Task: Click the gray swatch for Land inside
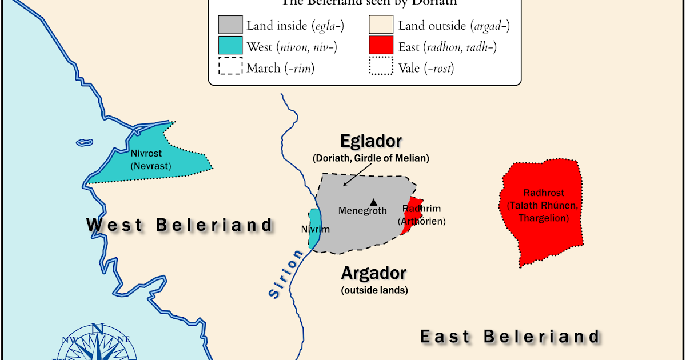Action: [x=230, y=26]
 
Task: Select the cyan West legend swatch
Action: [x=230, y=46]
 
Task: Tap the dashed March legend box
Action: [x=230, y=67]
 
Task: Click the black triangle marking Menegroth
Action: [x=374, y=202]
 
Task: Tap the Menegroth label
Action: [x=362, y=211]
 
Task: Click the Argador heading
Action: [x=373, y=273]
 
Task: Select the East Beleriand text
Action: [x=510, y=337]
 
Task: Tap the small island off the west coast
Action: [x=84, y=142]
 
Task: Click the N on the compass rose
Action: [x=97, y=329]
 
